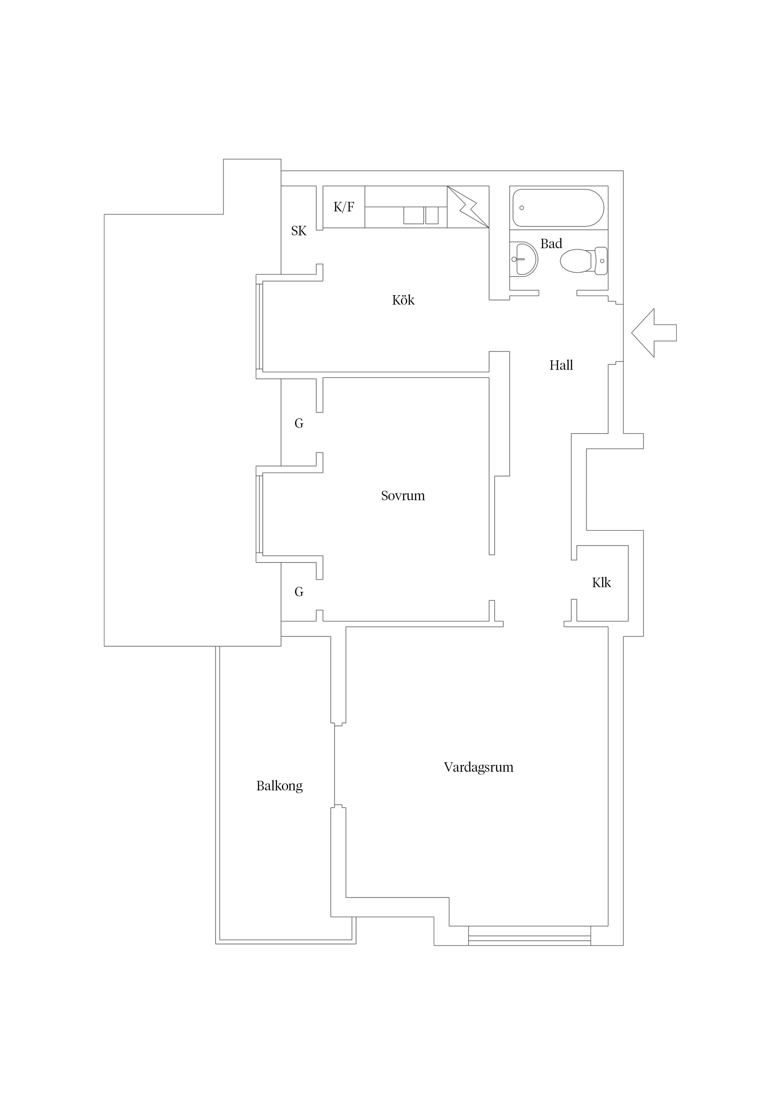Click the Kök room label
click(x=403, y=300)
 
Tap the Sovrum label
click(x=403, y=496)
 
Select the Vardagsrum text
click(x=478, y=767)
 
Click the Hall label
click(x=561, y=365)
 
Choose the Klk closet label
click(x=601, y=583)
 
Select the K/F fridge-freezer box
click(x=344, y=207)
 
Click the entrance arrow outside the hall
click(x=654, y=333)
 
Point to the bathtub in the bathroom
click(x=558, y=208)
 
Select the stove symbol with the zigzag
click(x=468, y=207)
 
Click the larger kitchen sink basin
click(x=413, y=215)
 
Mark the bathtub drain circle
click(x=522, y=208)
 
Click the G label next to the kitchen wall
click(x=299, y=424)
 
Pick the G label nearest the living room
click(x=299, y=592)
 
